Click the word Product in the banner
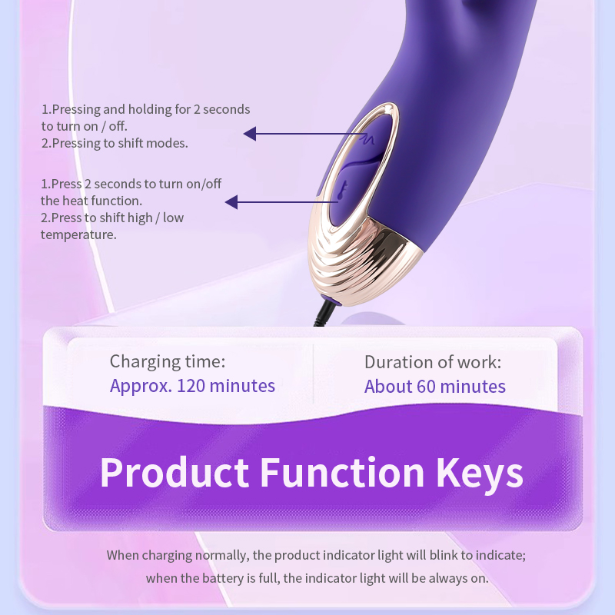175,472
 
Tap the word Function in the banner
342,472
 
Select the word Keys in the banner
480,474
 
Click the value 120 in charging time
191,386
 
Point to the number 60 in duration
426,387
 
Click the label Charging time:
168,361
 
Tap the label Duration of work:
433,362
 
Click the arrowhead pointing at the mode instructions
250,134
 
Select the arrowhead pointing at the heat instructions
231,202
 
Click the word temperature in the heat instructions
78,235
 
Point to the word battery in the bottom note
222,579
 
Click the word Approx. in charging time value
141,387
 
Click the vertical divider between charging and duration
314,374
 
